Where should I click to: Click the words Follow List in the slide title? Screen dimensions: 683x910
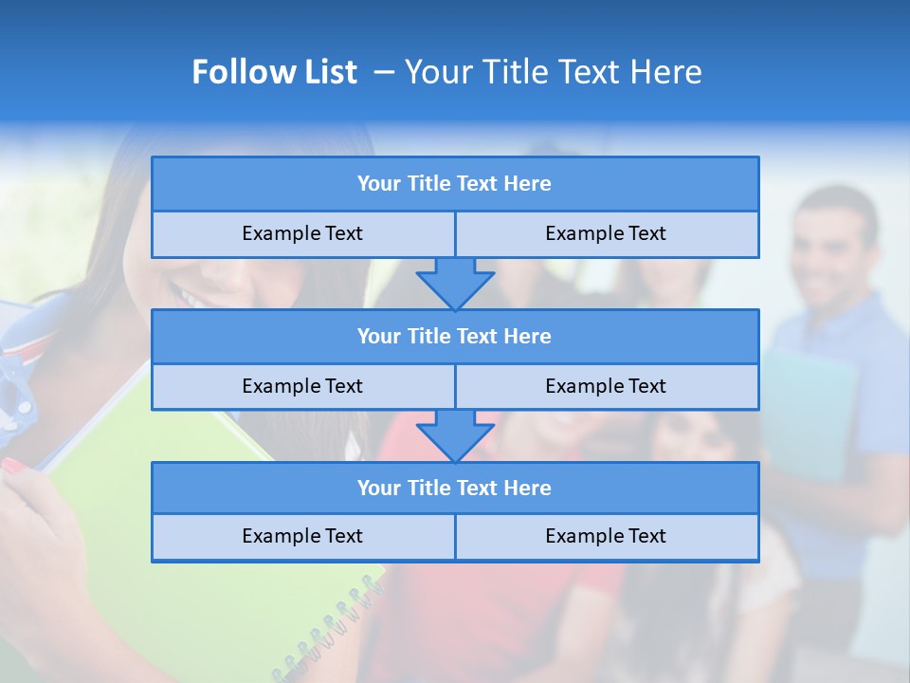point(274,72)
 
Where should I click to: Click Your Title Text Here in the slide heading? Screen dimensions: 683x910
point(553,72)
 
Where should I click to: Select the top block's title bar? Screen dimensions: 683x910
point(454,184)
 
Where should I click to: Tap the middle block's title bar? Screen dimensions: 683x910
point(454,337)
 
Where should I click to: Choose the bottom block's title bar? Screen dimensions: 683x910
point(454,489)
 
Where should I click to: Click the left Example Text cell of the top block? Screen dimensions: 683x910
point(302,234)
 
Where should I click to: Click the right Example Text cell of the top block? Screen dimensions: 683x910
point(606,234)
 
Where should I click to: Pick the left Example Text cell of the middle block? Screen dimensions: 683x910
point(302,387)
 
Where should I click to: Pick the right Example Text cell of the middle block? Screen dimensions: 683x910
point(606,387)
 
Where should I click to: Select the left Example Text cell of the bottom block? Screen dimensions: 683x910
point(302,537)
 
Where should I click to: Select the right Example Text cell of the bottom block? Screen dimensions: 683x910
point(606,537)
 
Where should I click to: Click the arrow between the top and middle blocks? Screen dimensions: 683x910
point(455,284)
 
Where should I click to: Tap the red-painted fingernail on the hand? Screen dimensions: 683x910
point(14,466)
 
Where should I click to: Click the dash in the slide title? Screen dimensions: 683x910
point(384,72)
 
